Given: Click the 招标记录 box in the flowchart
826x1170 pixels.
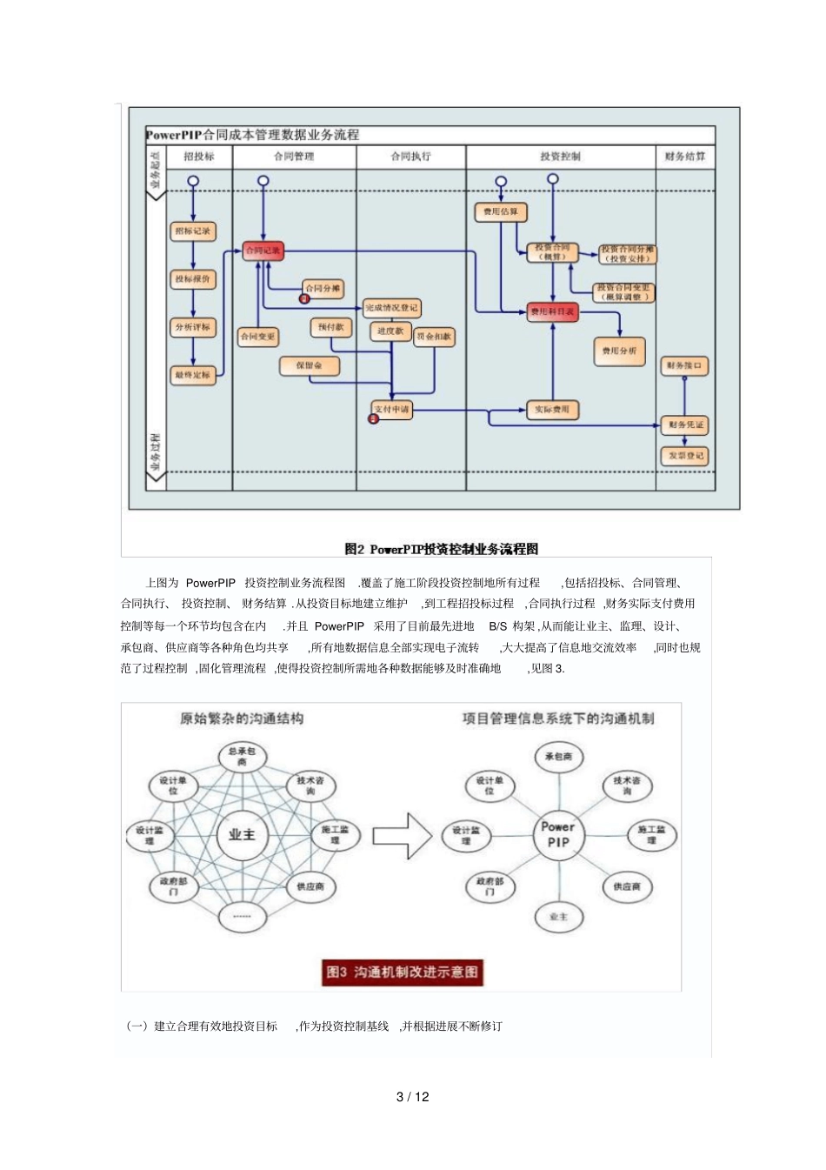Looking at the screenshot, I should click(x=192, y=231).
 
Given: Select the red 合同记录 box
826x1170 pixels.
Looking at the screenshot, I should click(x=263, y=251).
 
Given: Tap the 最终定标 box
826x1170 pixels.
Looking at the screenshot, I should click(x=192, y=375).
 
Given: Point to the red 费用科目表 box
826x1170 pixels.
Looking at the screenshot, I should click(x=552, y=311).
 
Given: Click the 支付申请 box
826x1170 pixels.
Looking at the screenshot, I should click(x=392, y=409).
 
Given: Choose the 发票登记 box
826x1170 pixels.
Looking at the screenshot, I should click(x=685, y=456).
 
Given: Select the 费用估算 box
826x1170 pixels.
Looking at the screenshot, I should click(x=501, y=211).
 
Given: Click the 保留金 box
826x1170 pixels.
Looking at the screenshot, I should click(x=309, y=366).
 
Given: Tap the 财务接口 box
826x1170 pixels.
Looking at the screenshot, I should click(x=684, y=365).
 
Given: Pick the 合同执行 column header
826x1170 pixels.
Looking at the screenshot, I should click(x=410, y=157).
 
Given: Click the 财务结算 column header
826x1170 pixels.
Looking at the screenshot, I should click(x=684, y=157).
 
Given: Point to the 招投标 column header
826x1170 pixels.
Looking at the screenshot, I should click(x=199, y=157).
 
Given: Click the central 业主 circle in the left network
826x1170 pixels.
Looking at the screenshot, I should click(x=242, y=834).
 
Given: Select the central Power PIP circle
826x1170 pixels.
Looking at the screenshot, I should click(x=558, y=834).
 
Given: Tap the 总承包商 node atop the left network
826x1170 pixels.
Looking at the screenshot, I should click(x=242, y=756).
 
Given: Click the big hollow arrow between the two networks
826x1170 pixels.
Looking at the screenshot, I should click(x=403, y=836).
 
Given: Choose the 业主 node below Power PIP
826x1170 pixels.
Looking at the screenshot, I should click(x=558, y=917).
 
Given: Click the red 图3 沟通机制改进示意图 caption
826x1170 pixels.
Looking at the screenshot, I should click(x=403, y=972).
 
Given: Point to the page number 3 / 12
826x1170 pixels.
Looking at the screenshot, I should click(x=412, y=1097).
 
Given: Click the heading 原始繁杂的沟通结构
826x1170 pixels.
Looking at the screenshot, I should click(x=242, y=719).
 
